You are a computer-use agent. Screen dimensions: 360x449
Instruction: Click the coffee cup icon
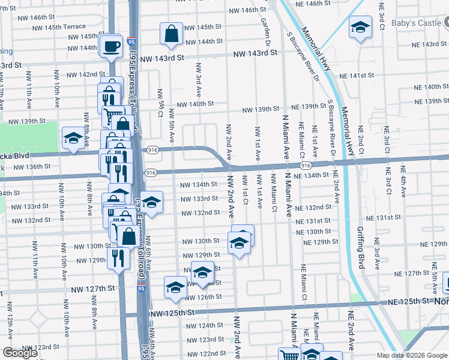pos(111,47)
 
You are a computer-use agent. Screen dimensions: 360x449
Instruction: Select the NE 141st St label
pos(356,76)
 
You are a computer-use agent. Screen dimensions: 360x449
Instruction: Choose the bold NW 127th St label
pos(92,289)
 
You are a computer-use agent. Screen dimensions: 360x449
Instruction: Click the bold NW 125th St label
pos(173,313)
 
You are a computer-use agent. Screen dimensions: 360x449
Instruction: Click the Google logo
pos(20,353)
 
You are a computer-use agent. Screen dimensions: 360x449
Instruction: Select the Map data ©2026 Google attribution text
pos(412,355)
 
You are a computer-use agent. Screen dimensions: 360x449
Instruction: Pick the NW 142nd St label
pos(86,74)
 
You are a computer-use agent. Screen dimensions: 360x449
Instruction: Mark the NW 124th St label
pos(205,325)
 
